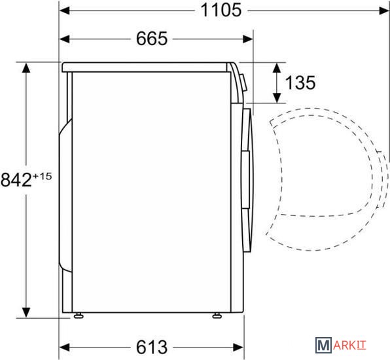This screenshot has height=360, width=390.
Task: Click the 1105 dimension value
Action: click(x=221, y=10)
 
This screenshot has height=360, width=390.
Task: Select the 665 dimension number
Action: click(x=152, y=39)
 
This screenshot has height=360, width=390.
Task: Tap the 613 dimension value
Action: click(x=152, y=347)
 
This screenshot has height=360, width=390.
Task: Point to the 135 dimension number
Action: click(x=300, y=82)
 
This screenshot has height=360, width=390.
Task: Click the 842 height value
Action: click(x=16, y=180)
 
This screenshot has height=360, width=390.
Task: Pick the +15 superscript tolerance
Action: click(x=42, y=176)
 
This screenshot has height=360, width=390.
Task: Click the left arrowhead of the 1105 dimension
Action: click(x=65, y=10)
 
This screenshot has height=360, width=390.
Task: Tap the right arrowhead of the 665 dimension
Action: click(x=248, y=39)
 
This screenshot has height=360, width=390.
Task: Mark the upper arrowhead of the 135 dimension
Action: click(x=277, y=67)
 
